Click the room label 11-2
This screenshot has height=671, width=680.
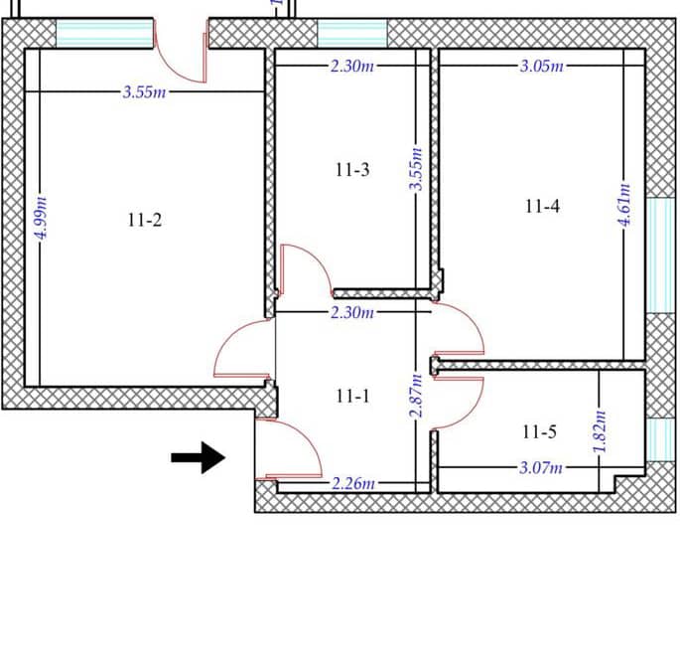pyautogui.click(x=145, y=221)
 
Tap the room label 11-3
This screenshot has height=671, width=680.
pyautogui.click(x=352, y=170)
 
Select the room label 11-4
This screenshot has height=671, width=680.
pyautogui.click(x=542, y=207)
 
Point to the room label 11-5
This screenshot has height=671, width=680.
pyautogui.click(x=539, y=432)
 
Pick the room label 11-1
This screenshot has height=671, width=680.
pyautogui.click(x=352, y=396)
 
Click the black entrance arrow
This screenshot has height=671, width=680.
pyautogui.click(x=199, y=457)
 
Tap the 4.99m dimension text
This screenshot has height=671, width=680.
pyautogui.click(x=42, y=218)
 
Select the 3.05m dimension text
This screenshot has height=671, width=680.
pyautogui.click(x=542, y=66)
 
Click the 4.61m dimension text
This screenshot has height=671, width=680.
pyautogui.click(x=624, y=205)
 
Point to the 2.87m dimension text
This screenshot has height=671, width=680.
pyautogui.click(x=416, y=396)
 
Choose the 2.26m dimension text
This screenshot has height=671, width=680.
pyautogui.click(x=353, y=483)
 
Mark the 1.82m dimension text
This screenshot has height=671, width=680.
pyautogui.click(x=600, y=431)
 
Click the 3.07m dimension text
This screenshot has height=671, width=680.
pyautogui.click(x=541, y=468)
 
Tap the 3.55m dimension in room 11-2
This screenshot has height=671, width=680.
pyautogui.click(x=144, y=92)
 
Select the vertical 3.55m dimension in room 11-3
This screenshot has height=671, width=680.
pyautogui.click(x=416, y=169)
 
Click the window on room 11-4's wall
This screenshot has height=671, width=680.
pyautogui.click(x=660, y=255)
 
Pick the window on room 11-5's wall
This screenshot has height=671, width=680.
pyautogui.click(x=660, y=440)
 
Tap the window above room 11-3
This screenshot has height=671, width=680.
pyautogui.click(x=352, y=34)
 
